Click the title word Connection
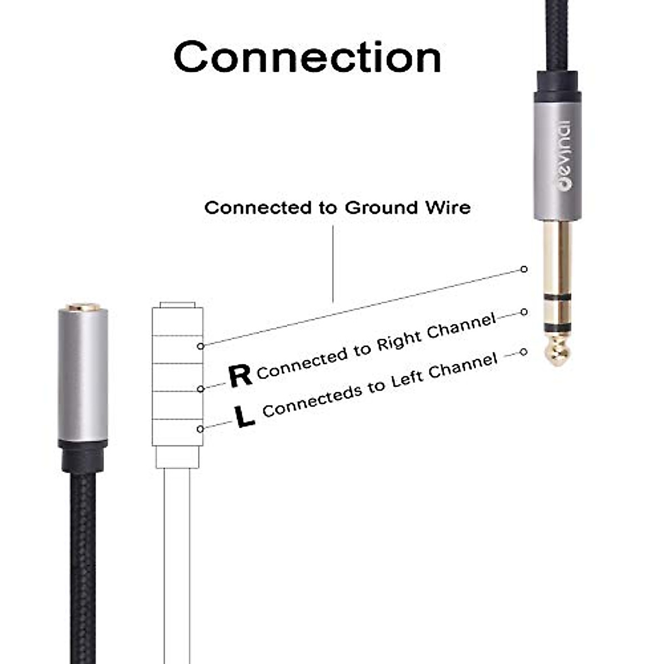[308, 57]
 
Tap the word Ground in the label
[381, 208]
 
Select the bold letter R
[240, 376]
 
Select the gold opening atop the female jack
[83, 307]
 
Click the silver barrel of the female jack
[83, 376]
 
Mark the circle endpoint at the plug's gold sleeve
[524, 269]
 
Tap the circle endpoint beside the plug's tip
[524, 352]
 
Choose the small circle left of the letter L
[200, 429]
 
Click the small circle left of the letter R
[201, 388]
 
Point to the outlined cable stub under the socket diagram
[177, 553]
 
